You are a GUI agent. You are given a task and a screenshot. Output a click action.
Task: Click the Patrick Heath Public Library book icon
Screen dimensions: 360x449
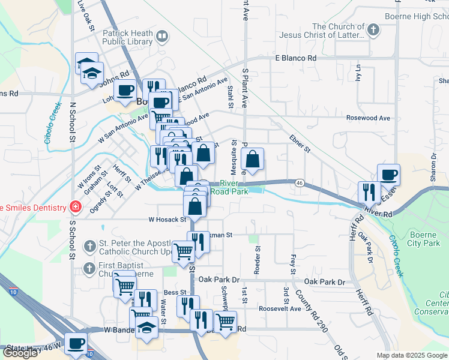(161, 37)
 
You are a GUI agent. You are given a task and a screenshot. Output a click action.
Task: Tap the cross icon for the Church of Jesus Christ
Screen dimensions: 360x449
(373, 29)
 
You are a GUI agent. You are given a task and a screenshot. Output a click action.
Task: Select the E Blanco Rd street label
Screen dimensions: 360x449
(295, 58)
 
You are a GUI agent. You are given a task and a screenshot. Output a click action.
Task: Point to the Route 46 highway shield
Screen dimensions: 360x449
(298, 182)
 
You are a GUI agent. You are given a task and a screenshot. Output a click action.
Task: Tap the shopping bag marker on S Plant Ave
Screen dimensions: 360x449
(253, 160)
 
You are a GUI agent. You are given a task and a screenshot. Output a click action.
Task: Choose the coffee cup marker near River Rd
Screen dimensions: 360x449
(388, 174)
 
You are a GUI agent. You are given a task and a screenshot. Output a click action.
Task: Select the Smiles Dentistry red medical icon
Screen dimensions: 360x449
(76, 208)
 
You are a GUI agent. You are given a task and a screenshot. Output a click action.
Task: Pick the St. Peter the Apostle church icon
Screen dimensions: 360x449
(89, 246)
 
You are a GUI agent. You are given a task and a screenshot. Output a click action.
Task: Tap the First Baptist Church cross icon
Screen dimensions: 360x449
(89, 268)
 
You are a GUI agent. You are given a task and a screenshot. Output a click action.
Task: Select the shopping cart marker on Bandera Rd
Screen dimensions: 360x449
(225, 321)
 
